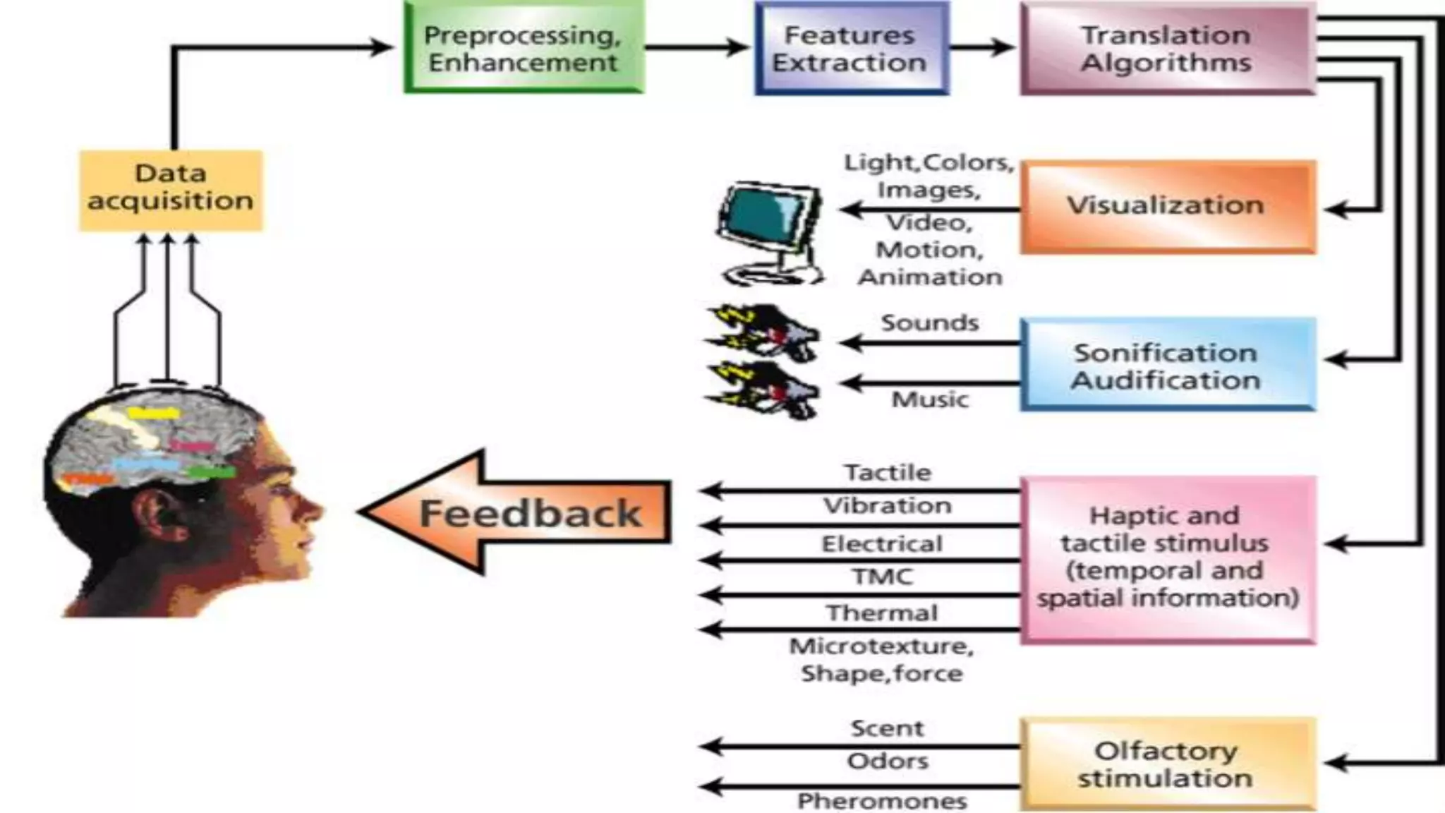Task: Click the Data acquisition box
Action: tap(171, 190)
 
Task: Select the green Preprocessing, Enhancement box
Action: tap(524, 48)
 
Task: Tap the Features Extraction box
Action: tap(851, 48)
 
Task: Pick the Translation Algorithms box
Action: tap(1167, 48)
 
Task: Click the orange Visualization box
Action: tap(1167, 206)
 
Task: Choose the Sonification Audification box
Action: tap(1167, 365)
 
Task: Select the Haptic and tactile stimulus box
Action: tap(1167, 558)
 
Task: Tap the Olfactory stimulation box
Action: tap(1167, 764)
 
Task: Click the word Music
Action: tap(930, 399)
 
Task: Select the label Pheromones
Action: tap(882, 801)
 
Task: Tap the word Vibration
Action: tap(888, 505)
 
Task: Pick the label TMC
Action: tap(882, 577)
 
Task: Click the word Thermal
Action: tap(882, 613)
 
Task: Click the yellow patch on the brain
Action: tap(154, 414)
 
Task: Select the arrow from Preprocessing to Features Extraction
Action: tap(696, 48)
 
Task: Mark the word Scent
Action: tap(887, 728)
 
